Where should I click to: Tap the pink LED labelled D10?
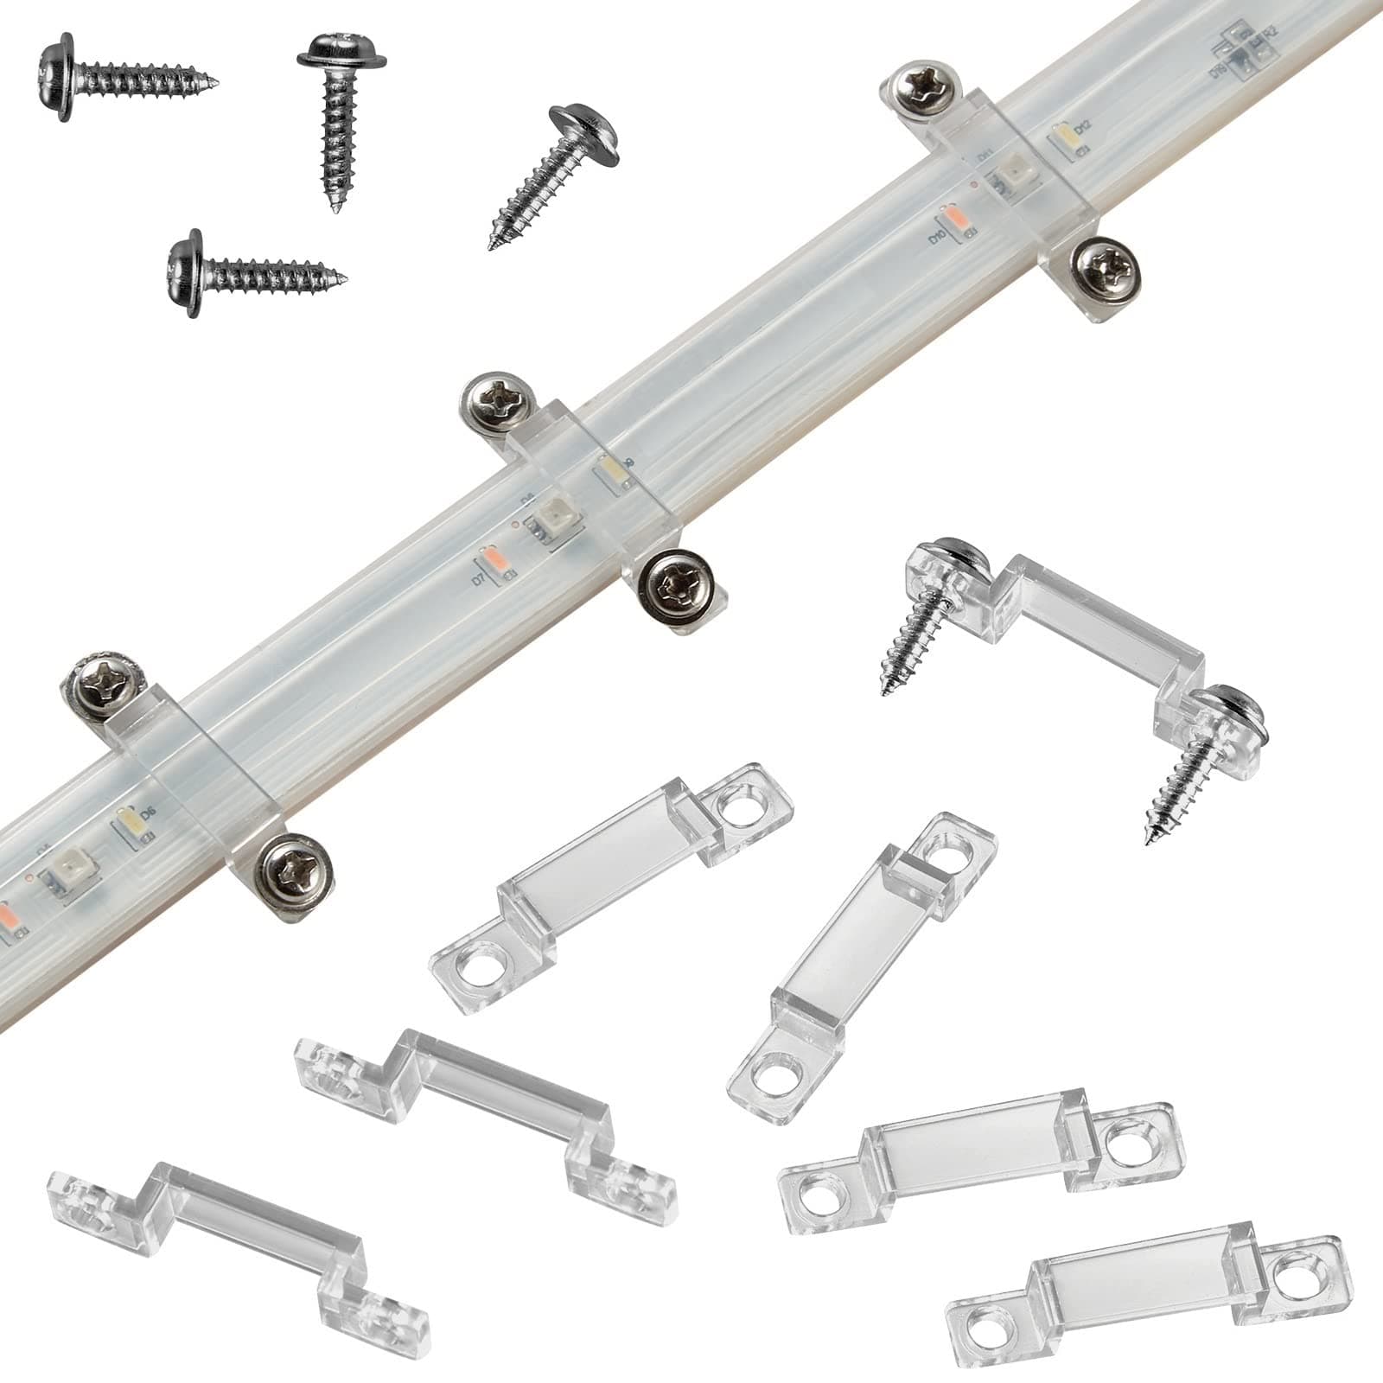[952, 217]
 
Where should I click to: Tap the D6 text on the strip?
[147, 813]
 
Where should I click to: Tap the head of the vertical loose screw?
[341, 55]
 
